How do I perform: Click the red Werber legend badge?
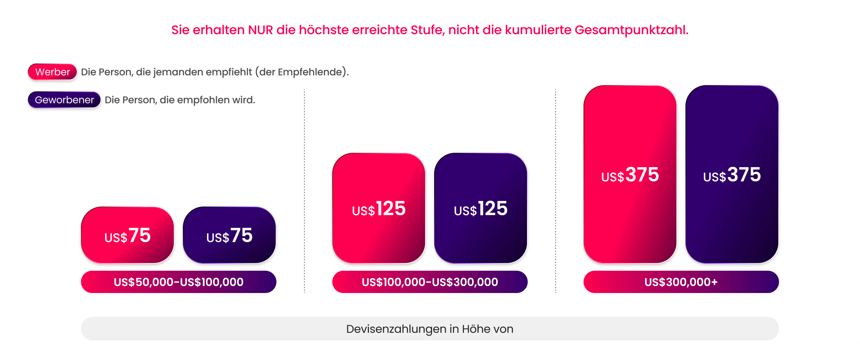[x=52, y=72]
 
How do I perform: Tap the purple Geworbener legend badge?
[x=64, y=100]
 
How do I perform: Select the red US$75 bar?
[x=127, y=235]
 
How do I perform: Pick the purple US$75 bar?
[x=229, y=235]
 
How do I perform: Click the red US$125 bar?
[x=379, y=208]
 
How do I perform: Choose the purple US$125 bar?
[x=481, y=208]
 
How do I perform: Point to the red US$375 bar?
[x=630, y=174]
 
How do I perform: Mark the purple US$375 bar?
[x=732, y=174]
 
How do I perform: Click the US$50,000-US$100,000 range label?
[x=178, y=282]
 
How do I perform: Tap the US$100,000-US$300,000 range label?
[x=430, y=282]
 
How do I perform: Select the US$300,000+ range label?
[x=681, y=282]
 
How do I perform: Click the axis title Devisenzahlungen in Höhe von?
[x=430, y=329]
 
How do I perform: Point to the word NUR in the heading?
[x=260, y=30]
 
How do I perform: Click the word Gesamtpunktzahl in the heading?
[x=631, y=30]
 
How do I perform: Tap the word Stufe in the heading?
[x=428, y=30]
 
